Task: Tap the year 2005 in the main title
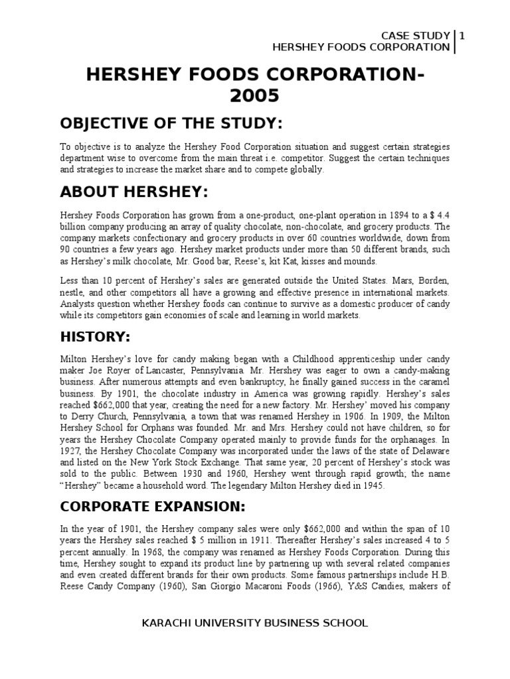[254, 97]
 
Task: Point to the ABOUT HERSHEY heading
[134, 192]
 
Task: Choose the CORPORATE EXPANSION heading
[153, 507]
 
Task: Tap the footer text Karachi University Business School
[255, 623]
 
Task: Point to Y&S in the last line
[358, 583]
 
